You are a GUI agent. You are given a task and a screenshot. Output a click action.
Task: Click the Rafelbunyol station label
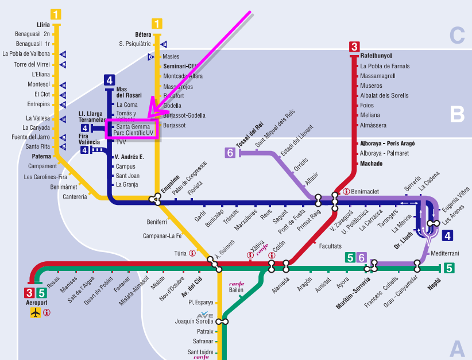click(376, 56)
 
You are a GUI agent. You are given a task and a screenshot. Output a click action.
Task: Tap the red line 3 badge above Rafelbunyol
click(354, 47)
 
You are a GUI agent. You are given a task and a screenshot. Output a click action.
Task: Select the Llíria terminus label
click(43, 25)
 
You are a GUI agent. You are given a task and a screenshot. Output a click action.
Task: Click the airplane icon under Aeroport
click(36, 313)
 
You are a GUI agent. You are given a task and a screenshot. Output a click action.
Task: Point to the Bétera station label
click(143, 34)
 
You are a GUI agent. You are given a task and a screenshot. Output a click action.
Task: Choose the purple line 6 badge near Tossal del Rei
click(230, 153)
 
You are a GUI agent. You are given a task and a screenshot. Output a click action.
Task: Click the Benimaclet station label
click(365, 191)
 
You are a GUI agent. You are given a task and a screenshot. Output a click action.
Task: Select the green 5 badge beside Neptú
click(449, 267)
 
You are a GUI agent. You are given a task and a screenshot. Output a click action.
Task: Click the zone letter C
click(456, 36)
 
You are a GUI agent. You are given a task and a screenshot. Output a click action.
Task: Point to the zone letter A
click(456, 348)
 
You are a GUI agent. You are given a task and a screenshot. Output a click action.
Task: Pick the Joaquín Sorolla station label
click(194, 322)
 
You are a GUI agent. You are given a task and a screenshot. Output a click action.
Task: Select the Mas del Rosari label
click(129, 92)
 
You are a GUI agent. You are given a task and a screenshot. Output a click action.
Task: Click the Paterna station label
click(41, 156)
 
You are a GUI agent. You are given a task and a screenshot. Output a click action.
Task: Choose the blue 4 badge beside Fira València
click(85, 150)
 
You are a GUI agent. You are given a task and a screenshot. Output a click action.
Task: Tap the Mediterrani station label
click(445, 253)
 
